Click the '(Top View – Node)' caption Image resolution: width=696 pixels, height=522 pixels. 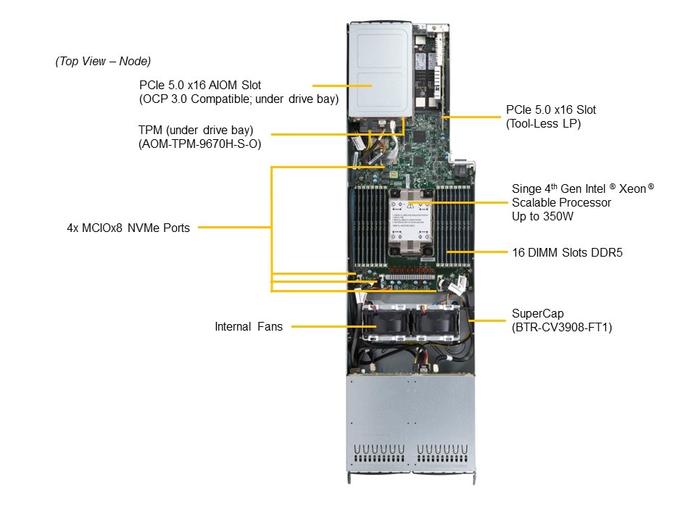click(103, 62)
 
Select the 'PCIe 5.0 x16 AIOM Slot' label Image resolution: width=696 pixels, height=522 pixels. click(200, 86)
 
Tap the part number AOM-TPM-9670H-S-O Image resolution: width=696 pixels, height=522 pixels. click(200, 144)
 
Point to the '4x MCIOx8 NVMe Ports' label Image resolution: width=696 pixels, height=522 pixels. click(128, 228)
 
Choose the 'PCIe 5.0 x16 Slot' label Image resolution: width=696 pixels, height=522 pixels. click(551, 110)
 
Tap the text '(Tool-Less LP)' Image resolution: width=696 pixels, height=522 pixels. click(544, 124)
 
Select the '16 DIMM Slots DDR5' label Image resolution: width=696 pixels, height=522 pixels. click(567, 253)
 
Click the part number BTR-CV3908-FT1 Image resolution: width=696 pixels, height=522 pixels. click(563, 327)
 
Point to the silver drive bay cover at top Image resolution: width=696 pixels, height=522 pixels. click(379, 69)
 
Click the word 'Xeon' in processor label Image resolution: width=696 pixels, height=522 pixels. click(633, 188)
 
